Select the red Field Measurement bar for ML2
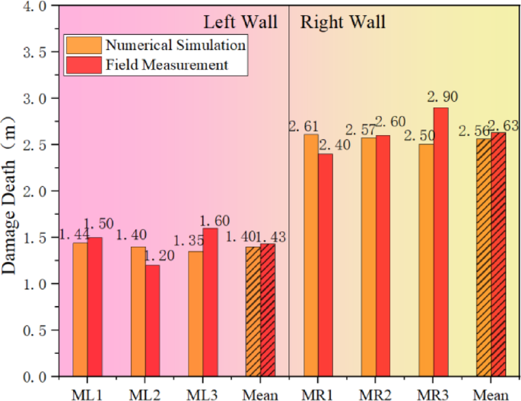click(152, 320)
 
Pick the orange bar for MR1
click(310, 254)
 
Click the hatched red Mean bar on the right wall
click(497, 254)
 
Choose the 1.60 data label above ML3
click(214, 221)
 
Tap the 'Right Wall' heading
click(343, 21)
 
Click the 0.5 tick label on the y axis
click(37, 330)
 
